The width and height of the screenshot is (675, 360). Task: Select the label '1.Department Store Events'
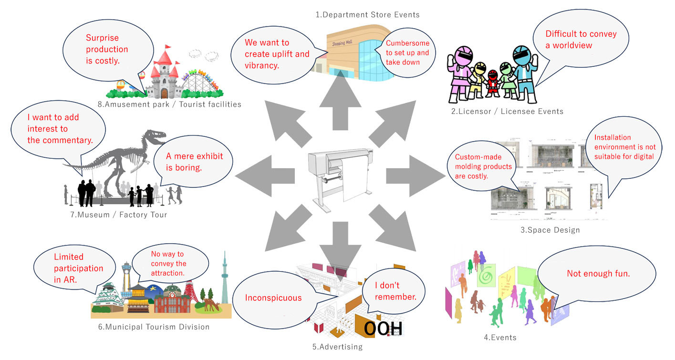pos(367,15)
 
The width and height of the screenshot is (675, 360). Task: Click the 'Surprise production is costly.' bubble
pos(108,49)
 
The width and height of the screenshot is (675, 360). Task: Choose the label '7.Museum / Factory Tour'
pos(119,215)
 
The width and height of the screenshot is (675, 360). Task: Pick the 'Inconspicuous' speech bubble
pos(273,298)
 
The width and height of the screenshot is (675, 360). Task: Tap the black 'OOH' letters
pos(383,329)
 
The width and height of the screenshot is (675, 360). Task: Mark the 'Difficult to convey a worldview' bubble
pos(581,40)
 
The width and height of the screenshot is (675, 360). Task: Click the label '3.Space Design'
pos(550,230)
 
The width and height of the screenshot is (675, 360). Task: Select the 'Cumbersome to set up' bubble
pos(407,52)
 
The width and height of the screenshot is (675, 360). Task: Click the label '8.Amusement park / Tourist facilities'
pos(172,104)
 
